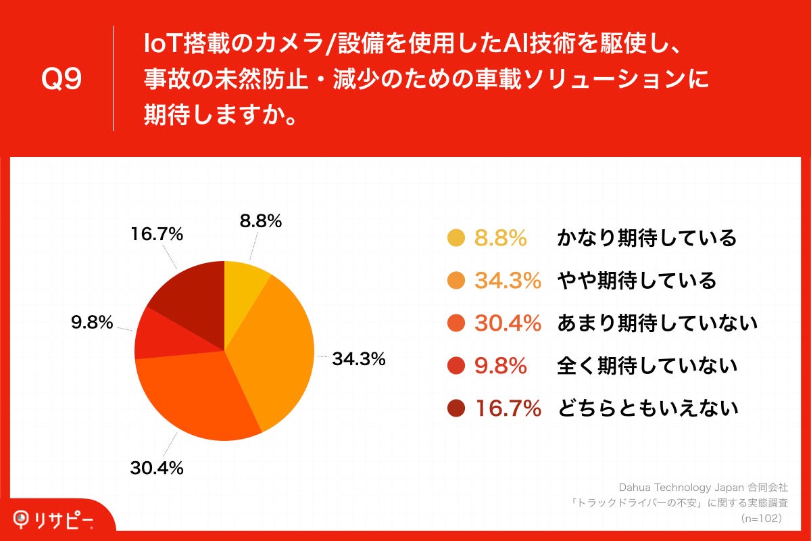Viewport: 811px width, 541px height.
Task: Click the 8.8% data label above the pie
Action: click(260, 221)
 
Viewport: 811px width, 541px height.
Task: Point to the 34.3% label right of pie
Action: click(358, 360)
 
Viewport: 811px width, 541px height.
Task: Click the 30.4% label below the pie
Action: click(156, 468)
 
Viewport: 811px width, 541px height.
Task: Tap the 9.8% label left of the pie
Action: click(92, 323)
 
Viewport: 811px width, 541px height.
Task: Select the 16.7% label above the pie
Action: click(156, 235)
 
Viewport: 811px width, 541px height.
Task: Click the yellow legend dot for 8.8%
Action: click(456, 239)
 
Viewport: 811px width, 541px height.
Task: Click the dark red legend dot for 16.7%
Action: click(456, 408)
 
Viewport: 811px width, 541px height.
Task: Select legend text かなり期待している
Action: click(646, 239)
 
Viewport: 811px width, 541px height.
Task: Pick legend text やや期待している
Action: click(636, 281)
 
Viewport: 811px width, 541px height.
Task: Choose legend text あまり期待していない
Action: click(656, 324)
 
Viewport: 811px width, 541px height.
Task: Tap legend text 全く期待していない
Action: click(646, 366)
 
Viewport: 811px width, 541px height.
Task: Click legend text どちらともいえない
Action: click(647, 408)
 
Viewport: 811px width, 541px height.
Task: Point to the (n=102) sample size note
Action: click(762, 518)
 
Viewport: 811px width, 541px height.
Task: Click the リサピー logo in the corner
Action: click(54, 519)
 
